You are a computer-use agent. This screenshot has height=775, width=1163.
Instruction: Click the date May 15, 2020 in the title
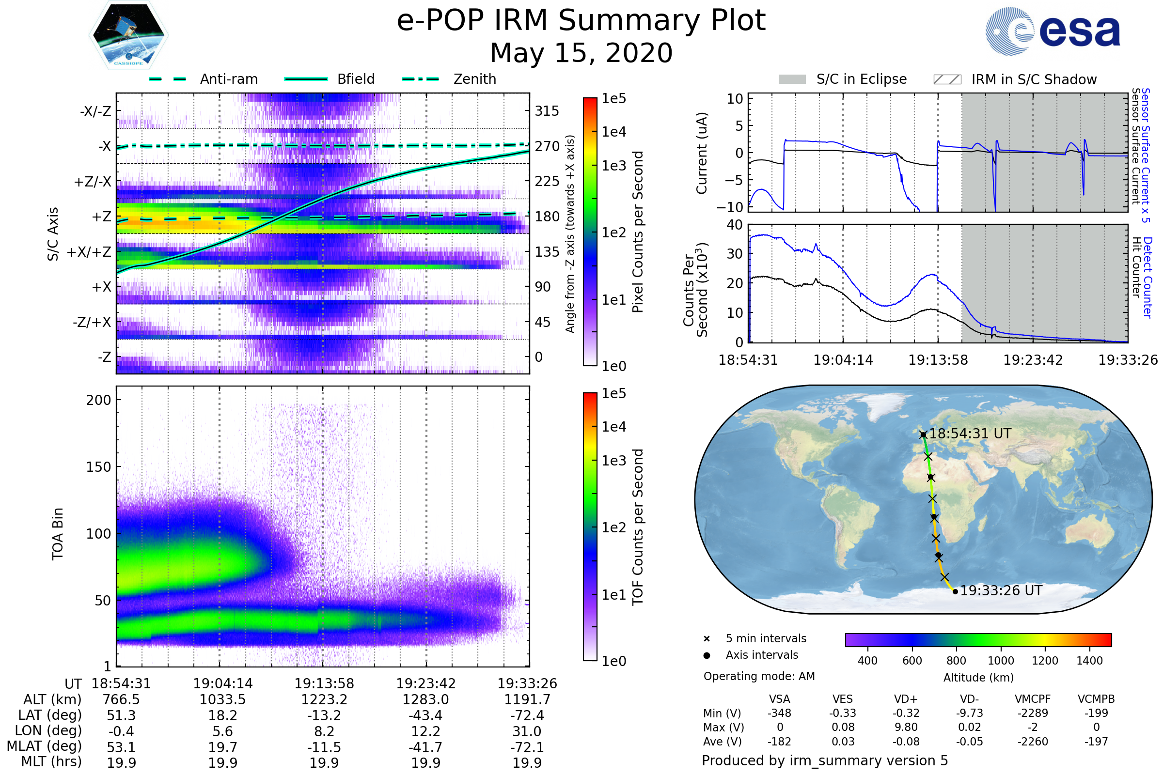(x=581, y=53)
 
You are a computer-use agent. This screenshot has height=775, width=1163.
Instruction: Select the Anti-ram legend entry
(x=228, y=79)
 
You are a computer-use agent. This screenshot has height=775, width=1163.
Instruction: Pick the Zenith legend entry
(x=475, y=79)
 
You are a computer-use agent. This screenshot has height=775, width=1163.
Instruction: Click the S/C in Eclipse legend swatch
(x=792, y=79)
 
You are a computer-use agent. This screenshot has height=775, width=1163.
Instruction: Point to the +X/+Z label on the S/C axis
(x=89, y=252)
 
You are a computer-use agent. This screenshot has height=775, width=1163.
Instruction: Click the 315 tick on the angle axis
(x=547, y=111)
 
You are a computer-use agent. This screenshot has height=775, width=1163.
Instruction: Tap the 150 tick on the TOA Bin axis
(x=98, y=466)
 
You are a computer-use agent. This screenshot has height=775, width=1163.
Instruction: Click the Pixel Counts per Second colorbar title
(x=638, y=232)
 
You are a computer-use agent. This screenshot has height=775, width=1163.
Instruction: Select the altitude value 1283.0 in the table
(x=425, y=699)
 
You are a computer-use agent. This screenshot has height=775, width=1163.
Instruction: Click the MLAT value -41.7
(x=425, y=747)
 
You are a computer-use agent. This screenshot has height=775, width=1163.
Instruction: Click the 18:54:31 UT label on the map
(x=970, y=434)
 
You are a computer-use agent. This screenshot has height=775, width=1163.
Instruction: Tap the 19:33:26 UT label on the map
(x=1001, y=590)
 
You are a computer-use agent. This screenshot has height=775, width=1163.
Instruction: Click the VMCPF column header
(x=1033, y=699)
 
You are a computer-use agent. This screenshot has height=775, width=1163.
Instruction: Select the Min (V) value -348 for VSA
(x=779, y=713)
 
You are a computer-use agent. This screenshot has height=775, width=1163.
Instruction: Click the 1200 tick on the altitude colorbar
(x=1045, y=661)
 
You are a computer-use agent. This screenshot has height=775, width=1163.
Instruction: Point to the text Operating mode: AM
(x=759, y=676)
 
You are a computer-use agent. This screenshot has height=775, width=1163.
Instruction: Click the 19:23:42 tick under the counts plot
(x=1033, y=360)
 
